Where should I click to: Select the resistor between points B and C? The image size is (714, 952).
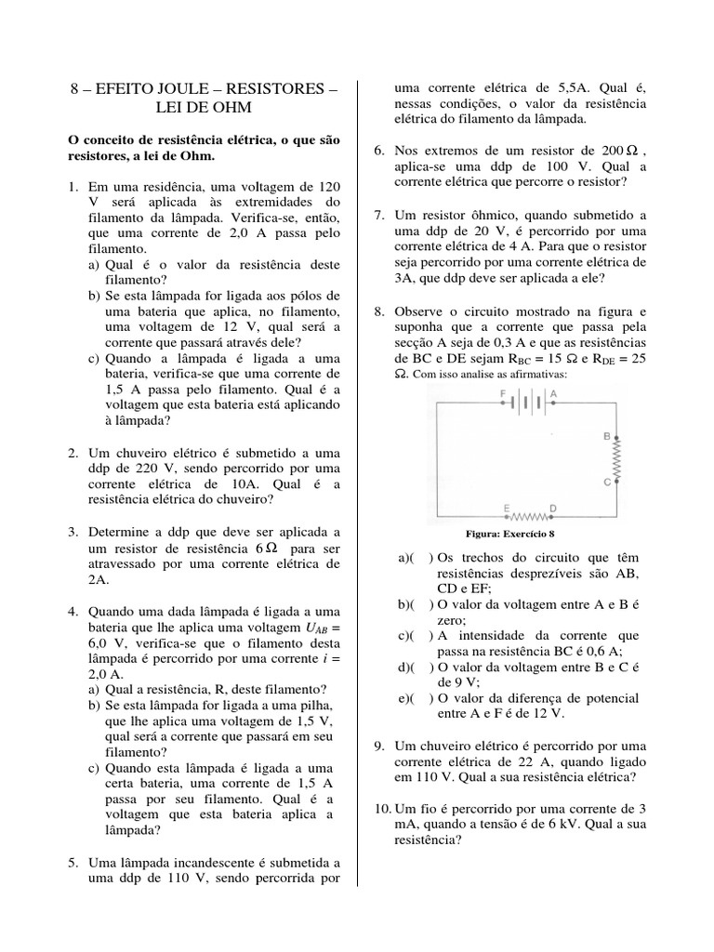tap(613, 457)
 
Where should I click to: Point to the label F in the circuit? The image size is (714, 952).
tap(502, 392)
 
